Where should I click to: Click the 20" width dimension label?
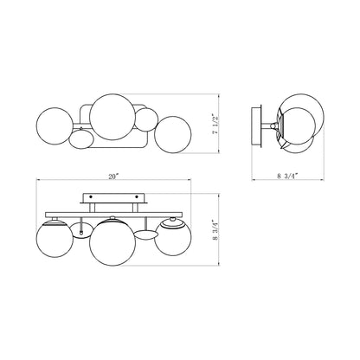113,177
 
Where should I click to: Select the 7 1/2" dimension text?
215,125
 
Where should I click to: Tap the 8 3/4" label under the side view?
287,176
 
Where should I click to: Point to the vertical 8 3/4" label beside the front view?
215,231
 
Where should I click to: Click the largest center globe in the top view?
112,117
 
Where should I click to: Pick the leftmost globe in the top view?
55,126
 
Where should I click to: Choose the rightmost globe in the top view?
173,135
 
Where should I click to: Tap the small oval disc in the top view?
81,139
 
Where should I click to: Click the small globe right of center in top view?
147,119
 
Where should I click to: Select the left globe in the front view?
55,239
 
